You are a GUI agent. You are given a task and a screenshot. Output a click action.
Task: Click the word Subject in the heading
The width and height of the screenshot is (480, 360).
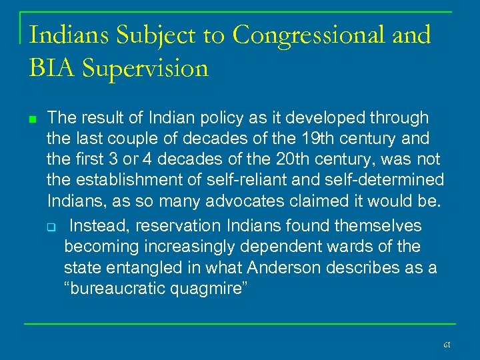150,35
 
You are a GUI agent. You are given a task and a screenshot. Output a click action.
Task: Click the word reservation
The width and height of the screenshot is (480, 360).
173,227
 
